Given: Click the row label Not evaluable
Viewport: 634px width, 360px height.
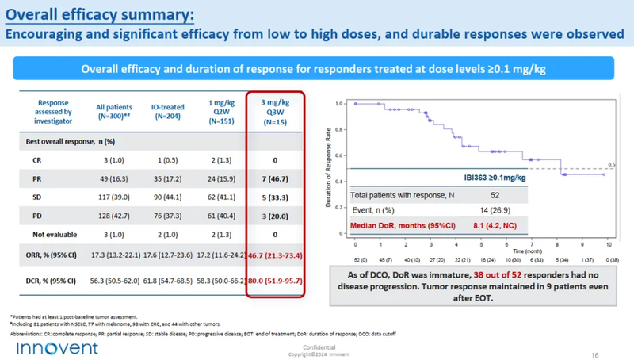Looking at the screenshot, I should click(48, 235).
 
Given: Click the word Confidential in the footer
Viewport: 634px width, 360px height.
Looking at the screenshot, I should click(317, 347).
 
